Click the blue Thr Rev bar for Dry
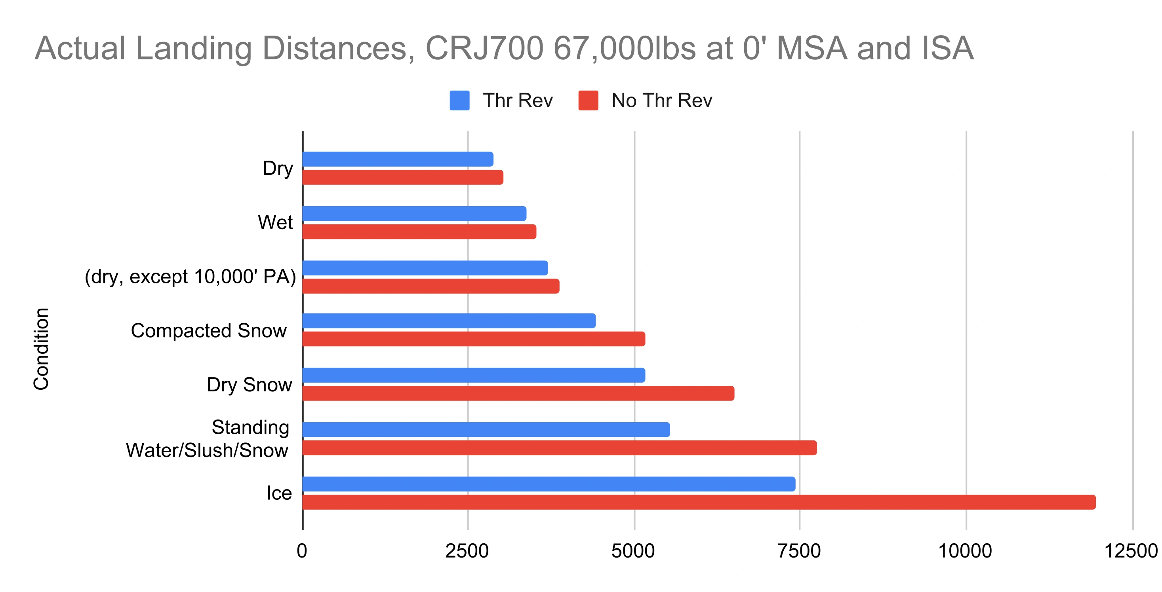pyautogui.click(x=398, y=159)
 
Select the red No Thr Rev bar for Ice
pyautogui.click(x=699, y=502)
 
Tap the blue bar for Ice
pyautogui.click(x=549, y=484)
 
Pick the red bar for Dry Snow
pyautogui.click(x=518, y=393)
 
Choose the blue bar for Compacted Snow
pyautogui.click(x=449, y=321)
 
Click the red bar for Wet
pyautogui.click(x=419, y=232)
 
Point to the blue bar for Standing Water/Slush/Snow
pyautogui.click(x=486, y=430)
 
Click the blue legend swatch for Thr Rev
pyautogui.click(x=459, y=100)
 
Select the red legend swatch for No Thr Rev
pyautogui.click(x=588, y=100)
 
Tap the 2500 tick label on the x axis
pyautogui.click(x=467, y=551)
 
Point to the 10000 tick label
pyautogui.click(x=965, y=551)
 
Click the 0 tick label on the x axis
pyautogui.click(x=302, y=551)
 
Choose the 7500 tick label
pyautogui.click(x=799, y=551)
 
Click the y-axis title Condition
pyautogui.click(x=41, y=349)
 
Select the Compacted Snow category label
pyautogui.click(x=208, y=330)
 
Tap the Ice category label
pyautogui.click(x=279, y=493)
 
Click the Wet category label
pyautogui.click(x=275, y=222)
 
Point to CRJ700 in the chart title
pyautogui.click(x=484, y=48)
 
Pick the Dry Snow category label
pyautogui.click(x=249, y=385)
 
